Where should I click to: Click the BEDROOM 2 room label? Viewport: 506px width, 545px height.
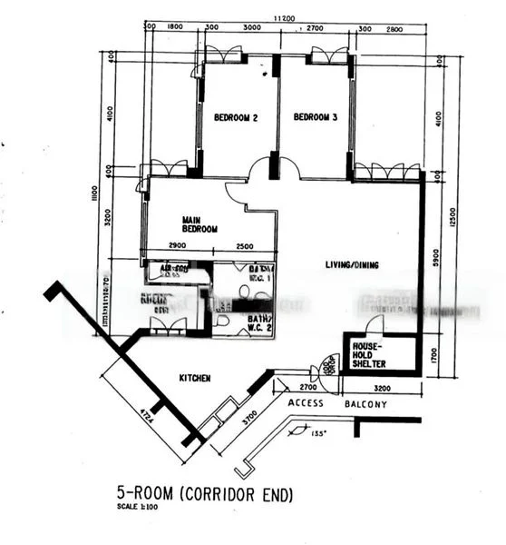[x=236, y=118]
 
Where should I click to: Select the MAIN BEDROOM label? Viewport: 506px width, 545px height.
[x=199, y=223]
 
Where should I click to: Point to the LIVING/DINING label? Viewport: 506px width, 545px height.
[x=352, y=265]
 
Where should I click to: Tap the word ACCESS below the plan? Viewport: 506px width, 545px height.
[x=306, y=403]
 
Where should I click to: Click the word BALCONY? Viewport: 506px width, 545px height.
[x=365, y=403]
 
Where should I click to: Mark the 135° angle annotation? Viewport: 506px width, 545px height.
[x=319, y=434]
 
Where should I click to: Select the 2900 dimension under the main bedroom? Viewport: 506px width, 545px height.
[x=178, y=247]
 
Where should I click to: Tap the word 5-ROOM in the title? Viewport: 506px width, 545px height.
[x=145, y=493]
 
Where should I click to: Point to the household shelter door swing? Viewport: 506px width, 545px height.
[x=375, y=324]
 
